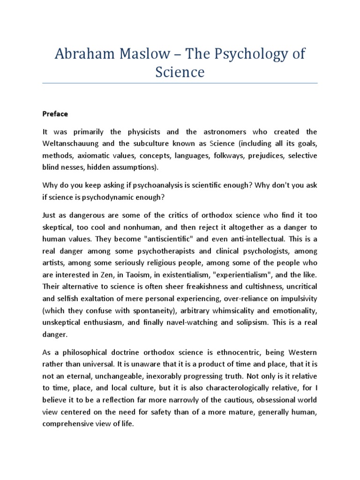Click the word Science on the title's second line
(x=180, y=72)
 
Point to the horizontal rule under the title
(x=180, y=83)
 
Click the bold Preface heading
(x=55, y=114)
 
